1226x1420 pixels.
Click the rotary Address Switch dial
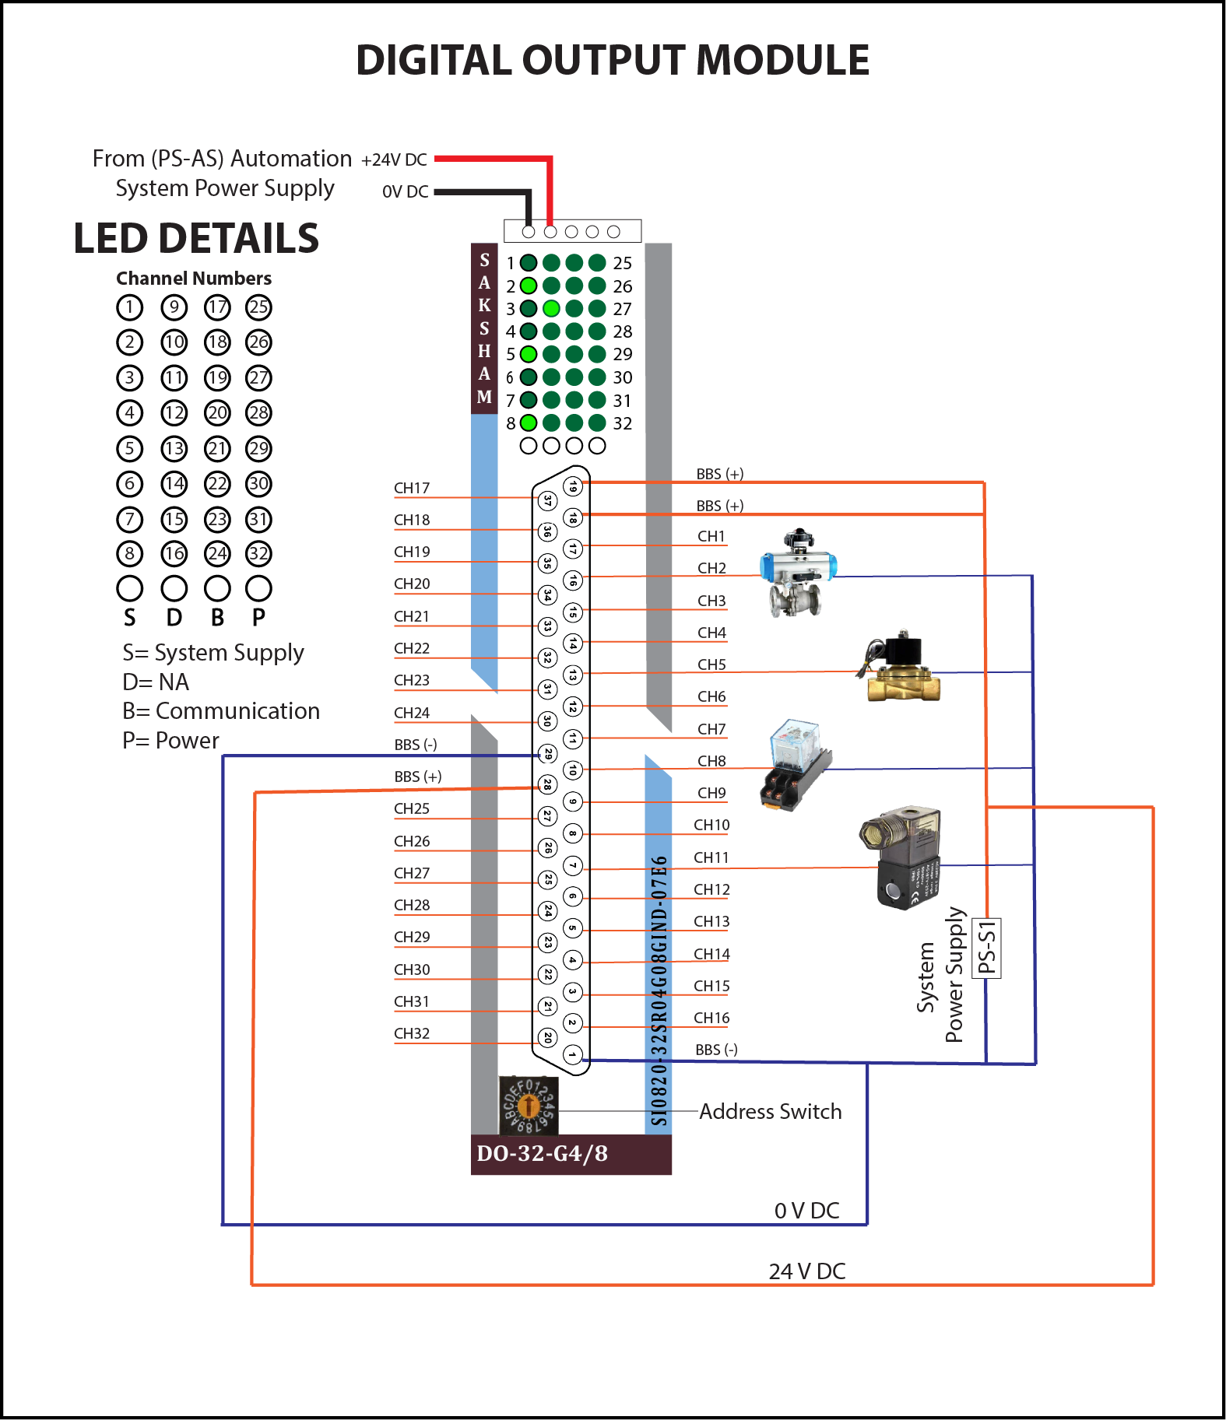tap(529, 1106)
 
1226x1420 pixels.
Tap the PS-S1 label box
tap(987, 947)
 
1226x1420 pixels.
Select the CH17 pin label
tap(411, 488)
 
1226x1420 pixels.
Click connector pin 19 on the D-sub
tap(573, 486)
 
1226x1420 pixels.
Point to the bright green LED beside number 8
tap(529, 422)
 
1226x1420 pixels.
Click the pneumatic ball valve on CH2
tap(797, 573)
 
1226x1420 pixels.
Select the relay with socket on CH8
tap(796, 765)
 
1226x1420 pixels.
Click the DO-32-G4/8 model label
tap(542, 1153)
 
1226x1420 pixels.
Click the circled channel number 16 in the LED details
tap(174, 553)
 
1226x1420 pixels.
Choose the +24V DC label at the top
tap(394, 160)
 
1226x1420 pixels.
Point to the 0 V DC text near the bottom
tap(806, 1211)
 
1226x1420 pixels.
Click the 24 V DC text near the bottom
tap(806, 1271)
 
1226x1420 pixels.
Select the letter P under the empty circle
tap(258, 617)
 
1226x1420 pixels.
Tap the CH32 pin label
tap(411, 1033)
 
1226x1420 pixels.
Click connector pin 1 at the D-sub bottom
tap(572, 1055)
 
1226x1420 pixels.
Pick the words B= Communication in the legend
tap(221, 711)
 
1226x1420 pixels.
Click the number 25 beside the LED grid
tap(622, 263)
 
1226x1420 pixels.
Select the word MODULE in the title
tap(782, 61)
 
